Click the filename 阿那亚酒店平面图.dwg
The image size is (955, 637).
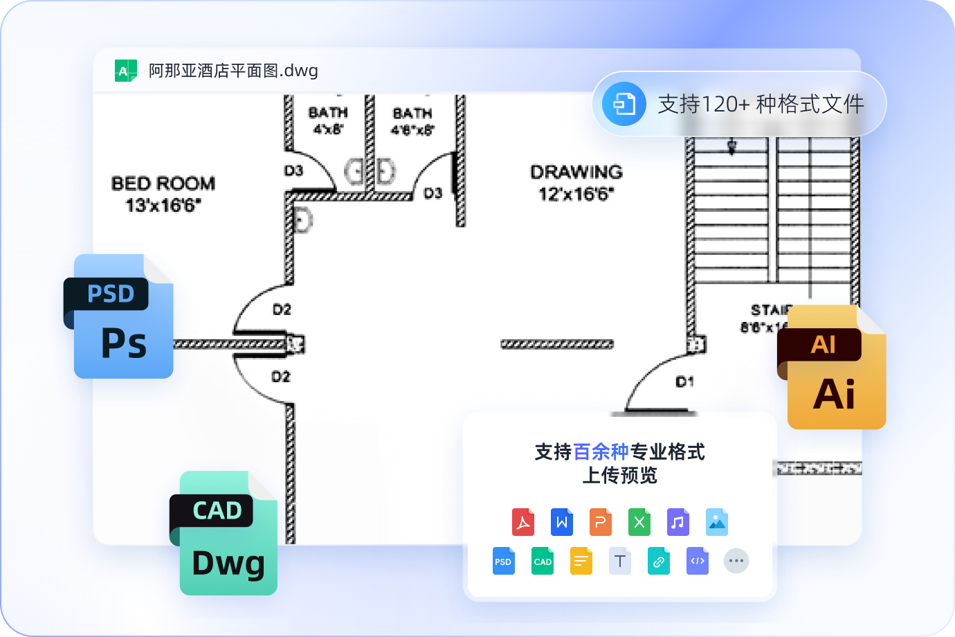pos(233,71)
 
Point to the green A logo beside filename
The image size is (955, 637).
pos(125,71)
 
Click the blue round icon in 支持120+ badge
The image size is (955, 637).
pos(624,104)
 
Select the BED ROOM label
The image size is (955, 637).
pos(163,194)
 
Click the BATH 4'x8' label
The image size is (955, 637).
pos(328,120)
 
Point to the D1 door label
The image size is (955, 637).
pos(684,382)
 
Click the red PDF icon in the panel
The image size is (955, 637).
pos(523,522)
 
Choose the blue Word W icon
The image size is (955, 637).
pos(562,522)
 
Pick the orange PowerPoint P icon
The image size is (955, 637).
pos(601,522)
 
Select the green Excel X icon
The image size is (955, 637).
pos(639,522)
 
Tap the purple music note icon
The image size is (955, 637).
pos(678,522)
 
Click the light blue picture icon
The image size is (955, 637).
pos(717,522)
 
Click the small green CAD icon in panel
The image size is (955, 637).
pos(543,561)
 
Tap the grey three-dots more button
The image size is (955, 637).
pos(736,561)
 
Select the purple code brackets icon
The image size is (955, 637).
pos(698,561)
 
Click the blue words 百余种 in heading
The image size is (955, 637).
pos(601,452)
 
